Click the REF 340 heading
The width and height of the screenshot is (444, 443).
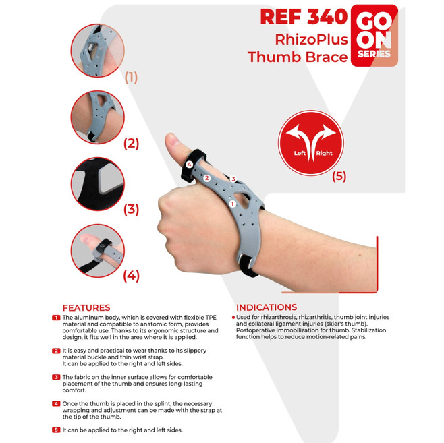coord(304,17)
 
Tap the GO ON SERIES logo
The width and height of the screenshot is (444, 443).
coord(374,36)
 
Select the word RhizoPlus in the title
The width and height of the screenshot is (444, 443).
coord(312,39)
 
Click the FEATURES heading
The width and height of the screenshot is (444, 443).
coord(86,307)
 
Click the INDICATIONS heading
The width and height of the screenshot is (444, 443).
coord(267,307)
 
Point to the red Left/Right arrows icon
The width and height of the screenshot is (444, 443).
coord(311,142)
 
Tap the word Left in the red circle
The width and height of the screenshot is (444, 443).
coord(300,153)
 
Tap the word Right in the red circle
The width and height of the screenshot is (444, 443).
coord(324,153)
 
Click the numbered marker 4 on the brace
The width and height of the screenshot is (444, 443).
coord(189,164)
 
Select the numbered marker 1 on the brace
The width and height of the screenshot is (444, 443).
coord(233,204)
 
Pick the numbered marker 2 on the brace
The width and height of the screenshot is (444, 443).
coord(207,178)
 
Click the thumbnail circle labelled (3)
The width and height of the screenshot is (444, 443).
coord(97,184)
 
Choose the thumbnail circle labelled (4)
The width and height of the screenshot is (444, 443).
coord(97,251)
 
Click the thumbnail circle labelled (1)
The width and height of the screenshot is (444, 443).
coord(97,51)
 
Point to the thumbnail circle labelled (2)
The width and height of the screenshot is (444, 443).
coord(97,117)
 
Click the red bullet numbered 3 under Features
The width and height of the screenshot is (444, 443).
coord(56,377)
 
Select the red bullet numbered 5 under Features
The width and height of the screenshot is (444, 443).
coord(56,430)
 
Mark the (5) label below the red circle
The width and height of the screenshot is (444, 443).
coord(339,177)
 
